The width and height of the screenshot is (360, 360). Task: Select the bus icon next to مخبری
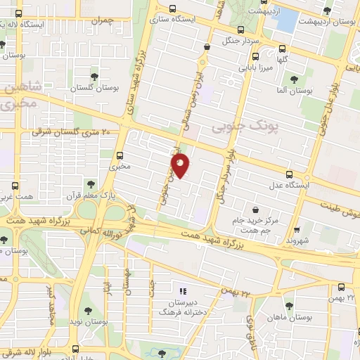point(119,155)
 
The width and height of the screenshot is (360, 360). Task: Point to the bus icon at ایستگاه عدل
point(290,174)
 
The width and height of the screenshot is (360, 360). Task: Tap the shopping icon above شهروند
point(297,229)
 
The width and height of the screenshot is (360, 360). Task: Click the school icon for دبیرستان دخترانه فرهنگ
point(182,291)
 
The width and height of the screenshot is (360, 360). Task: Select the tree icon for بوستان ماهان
point(289,304)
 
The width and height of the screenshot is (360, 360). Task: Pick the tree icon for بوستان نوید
point(88,309)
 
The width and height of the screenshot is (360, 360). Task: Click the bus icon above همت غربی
point(15,187)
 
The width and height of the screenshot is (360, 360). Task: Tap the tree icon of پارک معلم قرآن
point(91,180)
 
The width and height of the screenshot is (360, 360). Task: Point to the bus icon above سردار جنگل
point(241,30)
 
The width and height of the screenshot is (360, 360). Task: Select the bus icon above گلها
point(283,49)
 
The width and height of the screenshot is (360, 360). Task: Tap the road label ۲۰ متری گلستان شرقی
point(70,132)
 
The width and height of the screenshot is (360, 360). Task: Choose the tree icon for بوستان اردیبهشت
point(327,10)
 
